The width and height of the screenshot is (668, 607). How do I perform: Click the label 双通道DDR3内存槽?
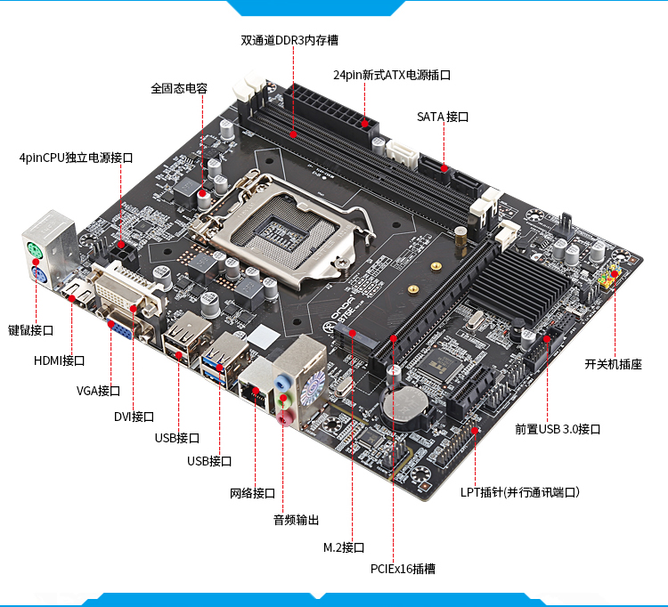[x=289, y=40]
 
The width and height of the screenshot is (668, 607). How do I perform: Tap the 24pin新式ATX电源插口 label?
[x=392, y=75]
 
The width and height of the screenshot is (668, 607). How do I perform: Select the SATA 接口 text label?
[x=443, y=117]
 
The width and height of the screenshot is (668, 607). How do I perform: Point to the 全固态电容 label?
[x=179, y=88]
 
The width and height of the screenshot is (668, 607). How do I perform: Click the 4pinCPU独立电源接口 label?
[x=77, y=158]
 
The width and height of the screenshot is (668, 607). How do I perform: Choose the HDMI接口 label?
[x=59, y=360]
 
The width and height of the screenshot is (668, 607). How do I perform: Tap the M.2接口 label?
[x=344, y=547]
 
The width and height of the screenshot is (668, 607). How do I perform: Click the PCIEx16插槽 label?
[x=403, y=569]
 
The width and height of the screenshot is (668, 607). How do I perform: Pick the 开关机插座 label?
[x=613, y=364]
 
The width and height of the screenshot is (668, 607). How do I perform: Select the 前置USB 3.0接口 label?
[x=558, y=429]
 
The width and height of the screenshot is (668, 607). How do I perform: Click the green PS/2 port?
[x=34, y=250]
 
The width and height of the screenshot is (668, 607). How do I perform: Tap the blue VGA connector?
[x=118, y=328]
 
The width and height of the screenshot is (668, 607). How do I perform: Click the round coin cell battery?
[x=404, y=404]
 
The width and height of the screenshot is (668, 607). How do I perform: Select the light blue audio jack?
[x=281, y=382]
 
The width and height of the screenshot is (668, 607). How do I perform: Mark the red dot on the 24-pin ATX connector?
[x=364, y=124]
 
